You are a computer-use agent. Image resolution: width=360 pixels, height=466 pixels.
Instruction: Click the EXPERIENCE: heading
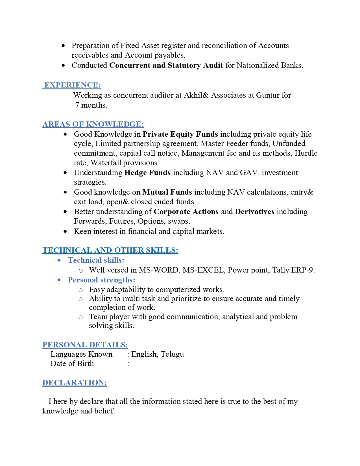72,85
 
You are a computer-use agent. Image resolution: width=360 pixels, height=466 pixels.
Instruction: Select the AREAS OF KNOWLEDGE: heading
93,124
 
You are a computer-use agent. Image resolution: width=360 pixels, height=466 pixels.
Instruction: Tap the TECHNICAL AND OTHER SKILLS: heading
110,250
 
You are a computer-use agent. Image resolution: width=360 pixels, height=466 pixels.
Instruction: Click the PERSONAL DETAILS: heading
85,345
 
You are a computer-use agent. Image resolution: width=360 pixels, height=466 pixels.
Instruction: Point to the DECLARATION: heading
75,383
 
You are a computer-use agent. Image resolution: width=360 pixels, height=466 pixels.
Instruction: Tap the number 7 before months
77,105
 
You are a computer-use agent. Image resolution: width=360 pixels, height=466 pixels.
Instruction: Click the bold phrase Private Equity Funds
180,134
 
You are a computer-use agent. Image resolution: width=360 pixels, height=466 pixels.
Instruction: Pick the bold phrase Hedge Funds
147,173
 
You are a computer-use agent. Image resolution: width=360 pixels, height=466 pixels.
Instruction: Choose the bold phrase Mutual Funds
167,192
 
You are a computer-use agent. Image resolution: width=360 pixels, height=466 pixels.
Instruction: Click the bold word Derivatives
254,212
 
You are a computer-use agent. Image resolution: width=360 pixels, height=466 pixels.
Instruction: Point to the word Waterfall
106,163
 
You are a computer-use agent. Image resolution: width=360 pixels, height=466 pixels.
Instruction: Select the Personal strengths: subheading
101,280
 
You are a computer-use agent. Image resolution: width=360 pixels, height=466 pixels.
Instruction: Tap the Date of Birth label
72,363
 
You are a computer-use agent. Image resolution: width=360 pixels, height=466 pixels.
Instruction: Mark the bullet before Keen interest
66,232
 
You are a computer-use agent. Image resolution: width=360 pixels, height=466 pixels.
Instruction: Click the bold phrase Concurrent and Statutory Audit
166,65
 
